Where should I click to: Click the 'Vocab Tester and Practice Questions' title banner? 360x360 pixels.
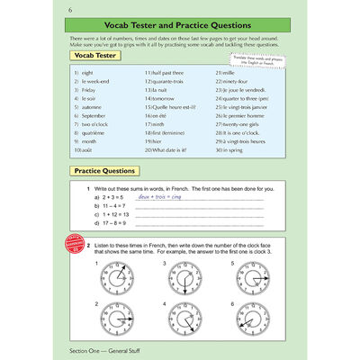(x=180, y=27)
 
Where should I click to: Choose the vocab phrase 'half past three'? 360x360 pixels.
(x=170, y=70)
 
